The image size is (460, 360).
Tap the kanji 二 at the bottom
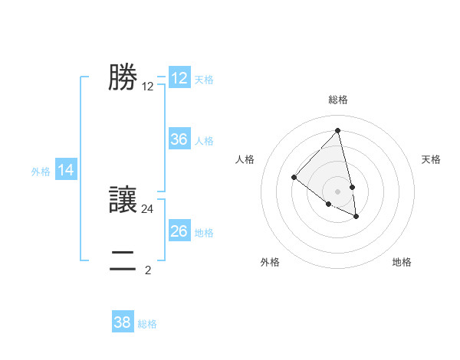pos(123,260)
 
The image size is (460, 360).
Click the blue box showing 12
pos(179,78)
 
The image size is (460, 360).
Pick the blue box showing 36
pos(179,139)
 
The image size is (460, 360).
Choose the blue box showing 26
pos(179,231)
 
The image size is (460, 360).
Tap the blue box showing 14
pos(66,171)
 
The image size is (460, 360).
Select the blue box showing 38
pos(123,322)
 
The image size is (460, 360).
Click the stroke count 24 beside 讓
pos(148,208)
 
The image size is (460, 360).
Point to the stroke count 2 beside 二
pos(148,270)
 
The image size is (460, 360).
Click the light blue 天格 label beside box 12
pos(204,80)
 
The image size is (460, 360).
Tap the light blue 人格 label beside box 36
pos(204,141)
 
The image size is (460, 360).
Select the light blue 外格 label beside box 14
pos(41,172)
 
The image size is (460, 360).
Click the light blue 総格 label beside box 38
pos(147,324)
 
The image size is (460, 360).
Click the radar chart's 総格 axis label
pos(337,100)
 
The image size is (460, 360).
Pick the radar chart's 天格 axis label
pos(432,159)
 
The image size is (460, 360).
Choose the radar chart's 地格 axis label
pos(402,263)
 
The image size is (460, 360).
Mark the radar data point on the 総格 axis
pos(337,131)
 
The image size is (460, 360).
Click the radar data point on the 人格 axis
pos(294,177)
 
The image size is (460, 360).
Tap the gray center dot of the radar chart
pos(337,191)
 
